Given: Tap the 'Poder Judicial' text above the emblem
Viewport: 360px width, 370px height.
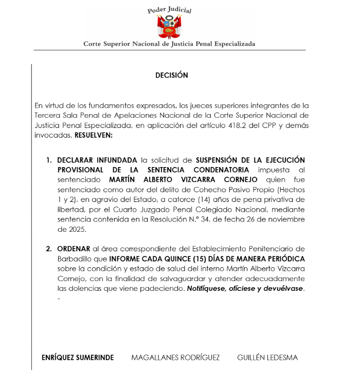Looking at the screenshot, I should [169, 9].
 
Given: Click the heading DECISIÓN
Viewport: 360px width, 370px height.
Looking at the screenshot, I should [172, 75].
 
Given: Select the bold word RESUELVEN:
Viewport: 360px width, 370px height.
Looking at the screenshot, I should [94, 135].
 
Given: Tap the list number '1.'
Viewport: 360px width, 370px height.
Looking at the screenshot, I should [49, 160].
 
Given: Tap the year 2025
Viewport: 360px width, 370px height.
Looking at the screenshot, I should [67, 229].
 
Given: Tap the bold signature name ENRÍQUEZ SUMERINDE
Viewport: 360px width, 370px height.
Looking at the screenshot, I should [78, 357].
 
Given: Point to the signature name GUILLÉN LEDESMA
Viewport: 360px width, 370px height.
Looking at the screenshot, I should [267, 357].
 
